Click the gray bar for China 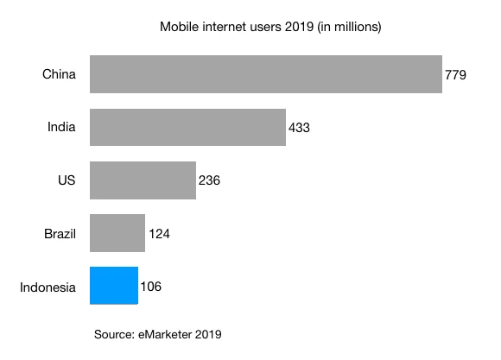[x=265, y=74]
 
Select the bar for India [x=187, y=127]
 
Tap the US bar [x=143, y=180]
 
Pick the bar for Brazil [x=117, y=233]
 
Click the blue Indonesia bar [x=113, y=286]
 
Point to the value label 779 [x=455, y=75]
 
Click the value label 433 [x=299, y=128]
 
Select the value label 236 [x=209, y=180]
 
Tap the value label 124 [x=158, y=233]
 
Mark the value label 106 [x=150, y=286]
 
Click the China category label [x=59, y=75]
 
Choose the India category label [x=61, y=128]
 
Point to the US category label [x=67, y=180]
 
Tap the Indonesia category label [x=48, y=286]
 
